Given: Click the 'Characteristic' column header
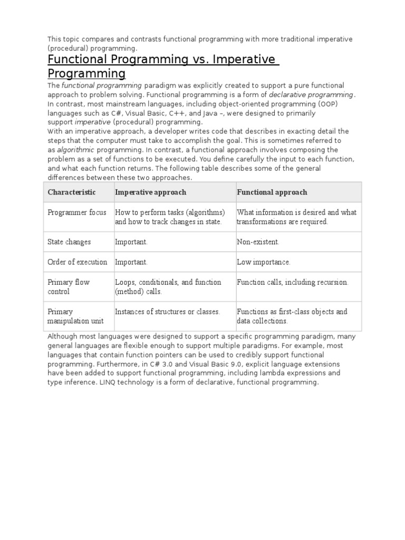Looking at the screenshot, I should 72,192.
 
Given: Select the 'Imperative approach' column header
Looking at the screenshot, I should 150,192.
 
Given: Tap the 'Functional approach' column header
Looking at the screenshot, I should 272,192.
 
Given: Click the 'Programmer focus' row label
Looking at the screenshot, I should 77,213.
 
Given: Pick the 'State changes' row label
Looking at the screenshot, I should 69,242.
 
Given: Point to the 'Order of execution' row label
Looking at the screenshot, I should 77,262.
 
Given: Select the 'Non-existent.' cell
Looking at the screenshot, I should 258,242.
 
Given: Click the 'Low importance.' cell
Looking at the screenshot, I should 264,262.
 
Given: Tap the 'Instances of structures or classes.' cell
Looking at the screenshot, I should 167,312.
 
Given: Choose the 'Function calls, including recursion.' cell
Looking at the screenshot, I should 293,282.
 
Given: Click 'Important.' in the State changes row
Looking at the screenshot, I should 131,242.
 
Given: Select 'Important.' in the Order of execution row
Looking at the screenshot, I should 131,262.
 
